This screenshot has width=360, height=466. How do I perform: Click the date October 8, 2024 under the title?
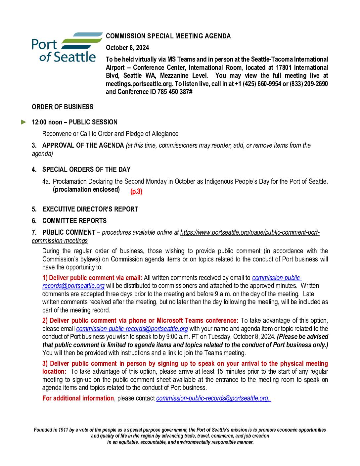coord(127,48)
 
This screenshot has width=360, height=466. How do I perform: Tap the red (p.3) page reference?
coord(136,192)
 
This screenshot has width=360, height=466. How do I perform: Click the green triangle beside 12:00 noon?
coord(23,122)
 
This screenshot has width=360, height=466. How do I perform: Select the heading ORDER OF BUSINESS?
coord(63,107)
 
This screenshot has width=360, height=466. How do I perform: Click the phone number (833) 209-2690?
coord(308,84)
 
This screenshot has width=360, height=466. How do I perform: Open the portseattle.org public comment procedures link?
coord(250,232)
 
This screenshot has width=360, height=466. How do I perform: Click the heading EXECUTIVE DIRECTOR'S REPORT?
coord(90,209)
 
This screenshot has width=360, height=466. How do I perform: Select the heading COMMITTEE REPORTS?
coord(74,221)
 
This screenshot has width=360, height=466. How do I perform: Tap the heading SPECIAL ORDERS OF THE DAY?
coord(86,169)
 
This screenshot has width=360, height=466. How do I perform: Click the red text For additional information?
coord(78,398)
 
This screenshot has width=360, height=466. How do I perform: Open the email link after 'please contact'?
coord(213,398)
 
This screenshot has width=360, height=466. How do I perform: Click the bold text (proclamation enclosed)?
coord(86,190)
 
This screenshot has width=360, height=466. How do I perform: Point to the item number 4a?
coord(46,181)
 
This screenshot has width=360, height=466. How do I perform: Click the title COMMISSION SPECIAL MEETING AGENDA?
coord(168,36)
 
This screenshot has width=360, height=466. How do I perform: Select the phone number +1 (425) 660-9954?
coord(258,84)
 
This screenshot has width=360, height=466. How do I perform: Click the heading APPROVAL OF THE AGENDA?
coord(83,145)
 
